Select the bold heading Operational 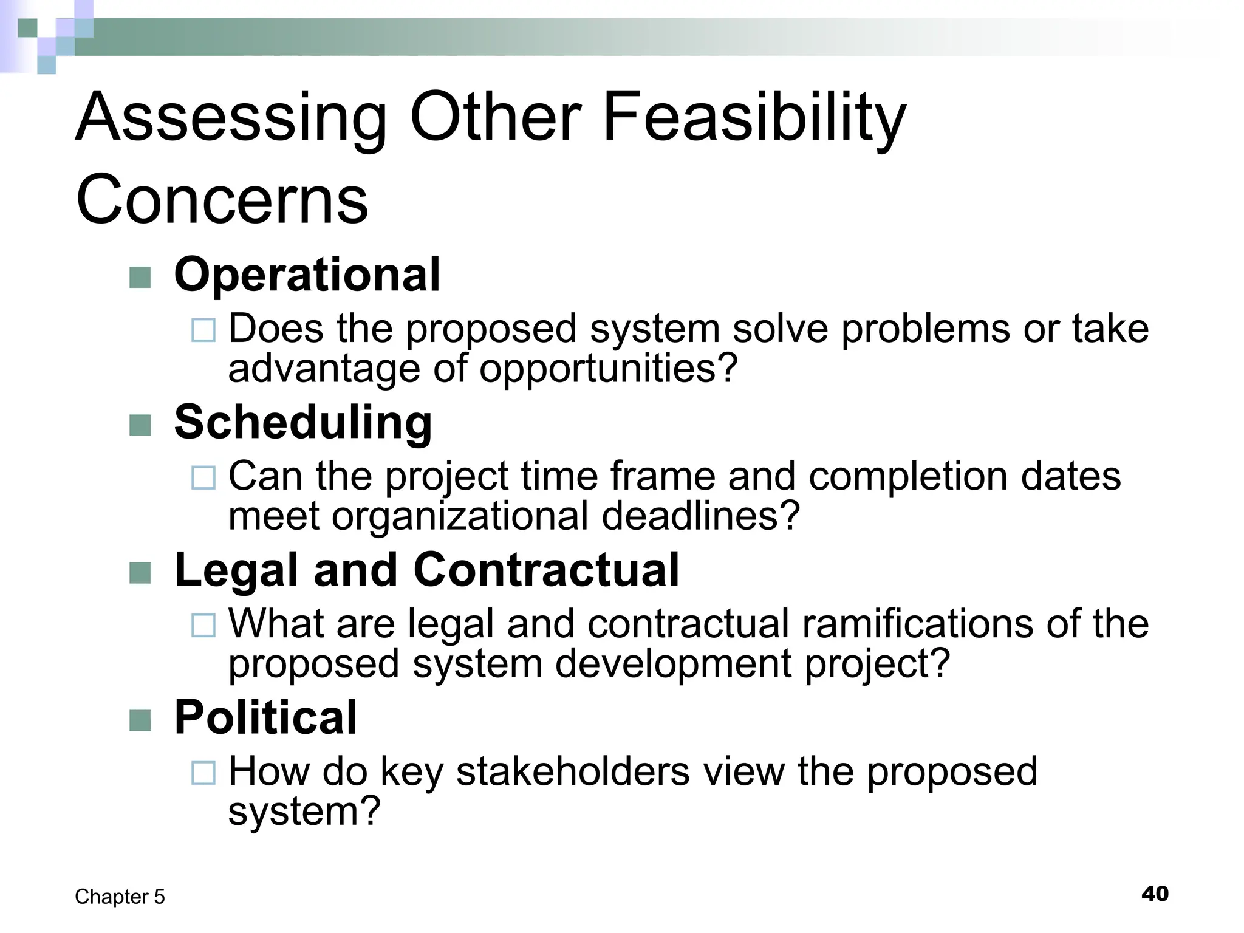307,275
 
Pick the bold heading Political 265,717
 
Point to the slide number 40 1155,894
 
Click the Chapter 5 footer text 120,897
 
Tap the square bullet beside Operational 140,278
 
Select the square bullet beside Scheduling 140,425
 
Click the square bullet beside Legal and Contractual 140,573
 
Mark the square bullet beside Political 140,720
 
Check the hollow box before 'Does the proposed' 203,330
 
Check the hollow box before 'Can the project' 203,477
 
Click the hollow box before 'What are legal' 203,625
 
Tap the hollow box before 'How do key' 203,773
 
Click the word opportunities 608,369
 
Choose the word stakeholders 573,771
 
